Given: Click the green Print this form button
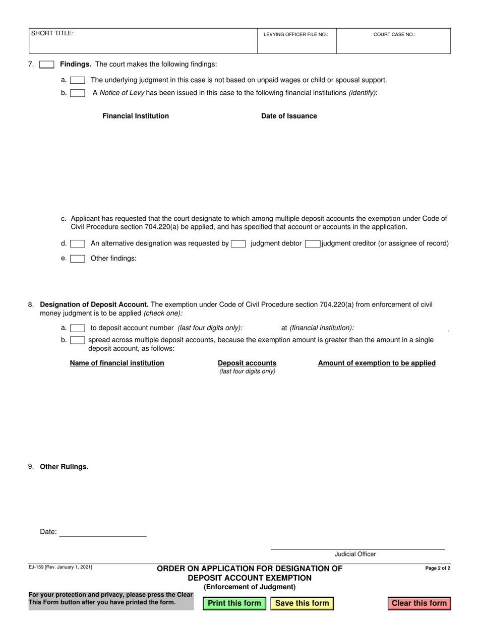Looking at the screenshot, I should coord(234,603).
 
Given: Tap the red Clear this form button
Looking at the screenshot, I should coord(419,603).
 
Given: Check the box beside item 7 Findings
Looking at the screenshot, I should coord(46,65).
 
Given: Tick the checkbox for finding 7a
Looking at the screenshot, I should coord(78,80).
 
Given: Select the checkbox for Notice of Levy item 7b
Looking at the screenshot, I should coord(78,93).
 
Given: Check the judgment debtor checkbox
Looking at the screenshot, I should coord(238,244).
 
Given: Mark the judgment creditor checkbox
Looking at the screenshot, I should coord(313,244).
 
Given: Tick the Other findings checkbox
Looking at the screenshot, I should coord(78,259).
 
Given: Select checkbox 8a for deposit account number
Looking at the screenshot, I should coord(78,328).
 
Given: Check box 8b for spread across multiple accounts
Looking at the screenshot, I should coord(78,340).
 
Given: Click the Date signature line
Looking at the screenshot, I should coord(103,532).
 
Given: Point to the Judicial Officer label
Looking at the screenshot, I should coord(355,554).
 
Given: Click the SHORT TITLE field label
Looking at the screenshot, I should coord(52,33).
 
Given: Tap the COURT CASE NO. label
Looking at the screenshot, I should coord(394,35).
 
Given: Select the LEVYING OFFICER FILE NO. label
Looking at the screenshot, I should coord(296,35).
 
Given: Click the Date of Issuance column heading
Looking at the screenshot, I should coord(289,116).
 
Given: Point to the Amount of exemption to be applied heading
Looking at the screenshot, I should coord(377,363).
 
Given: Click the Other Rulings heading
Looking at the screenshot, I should coord(64,467).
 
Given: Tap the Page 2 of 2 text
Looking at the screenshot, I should coord(438,568).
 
